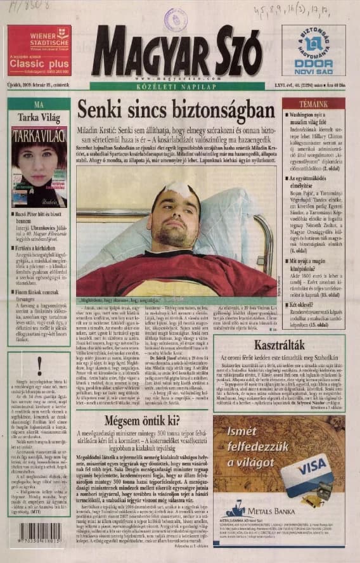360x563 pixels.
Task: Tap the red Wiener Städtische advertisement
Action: click(39, 51)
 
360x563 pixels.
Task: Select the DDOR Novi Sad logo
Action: click(313, 51)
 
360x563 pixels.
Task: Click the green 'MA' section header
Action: click(39, 104)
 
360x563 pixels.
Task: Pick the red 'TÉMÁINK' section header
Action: click(314, 103)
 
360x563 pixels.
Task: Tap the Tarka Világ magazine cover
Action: click(39, 166)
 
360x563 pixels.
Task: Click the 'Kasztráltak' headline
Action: click(280, 346)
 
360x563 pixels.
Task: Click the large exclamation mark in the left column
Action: click(39, 364)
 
